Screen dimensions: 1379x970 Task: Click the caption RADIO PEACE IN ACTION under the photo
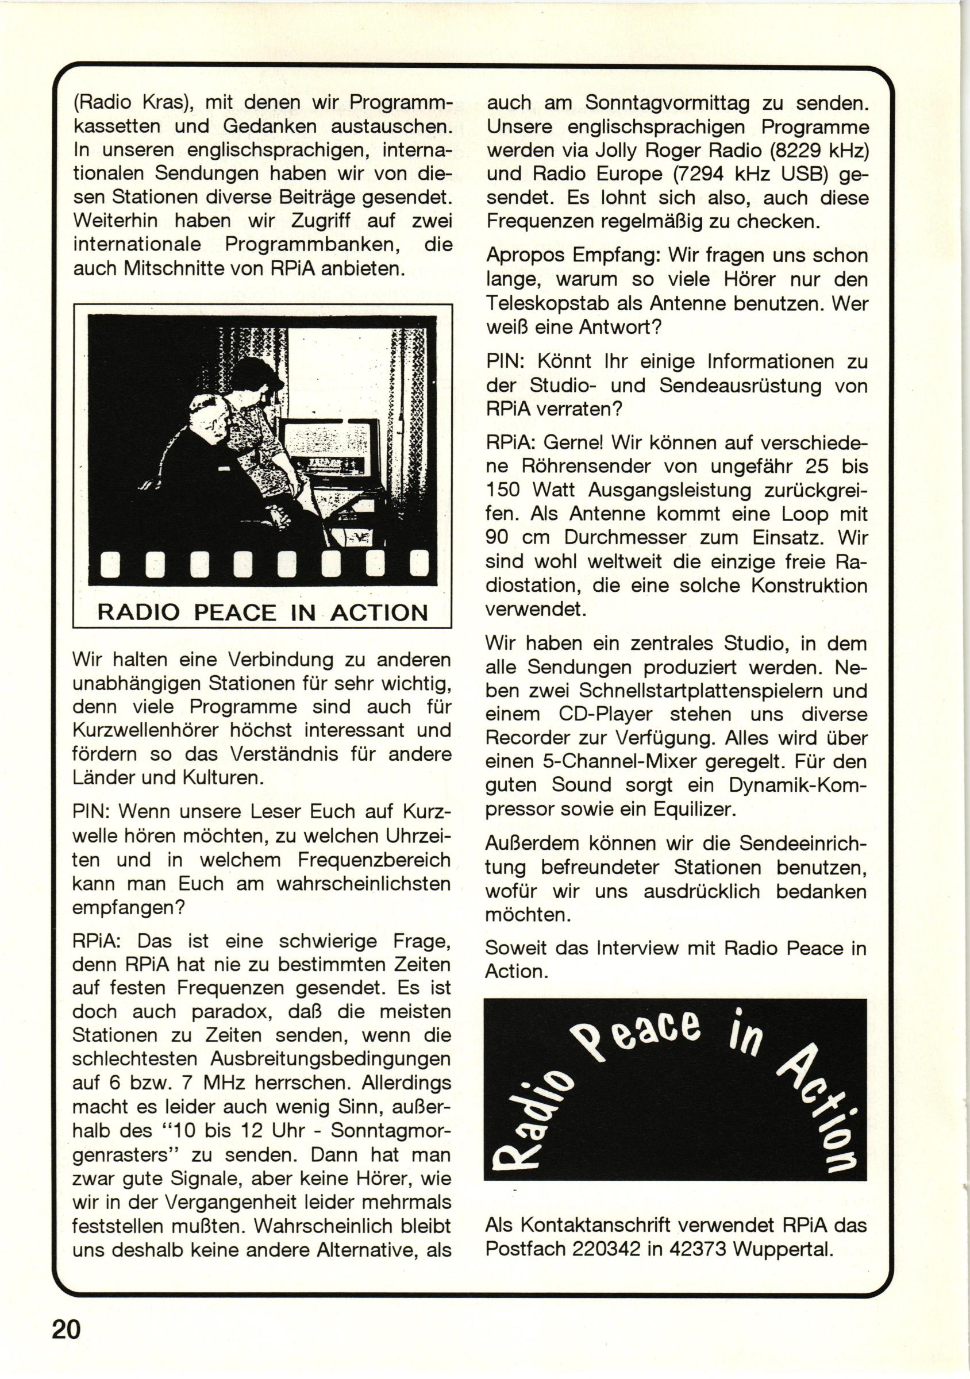(263, 613)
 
